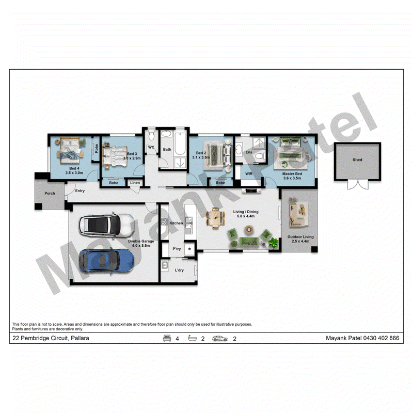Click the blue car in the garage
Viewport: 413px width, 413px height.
tap(107, 261)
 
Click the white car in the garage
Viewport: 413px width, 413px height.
tap(107, 226)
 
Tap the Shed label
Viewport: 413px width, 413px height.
tap(357, 160)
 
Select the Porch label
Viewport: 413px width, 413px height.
tap(50, 193)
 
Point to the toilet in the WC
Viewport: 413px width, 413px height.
tap(151, 136)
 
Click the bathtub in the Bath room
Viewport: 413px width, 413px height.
tap(180, 144)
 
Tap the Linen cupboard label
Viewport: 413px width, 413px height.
tap(135, 183)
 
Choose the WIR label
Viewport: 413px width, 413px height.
tap(249, 174)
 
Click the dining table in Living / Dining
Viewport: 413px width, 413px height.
tap(215, 218)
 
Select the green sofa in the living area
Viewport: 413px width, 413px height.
tap(249, 242)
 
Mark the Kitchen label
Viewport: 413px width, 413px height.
tap(176, 223)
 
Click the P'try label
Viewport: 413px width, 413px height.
tap(177, 249)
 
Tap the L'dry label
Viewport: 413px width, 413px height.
tap(179, 270)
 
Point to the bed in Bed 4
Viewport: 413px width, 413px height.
tap(70, 150)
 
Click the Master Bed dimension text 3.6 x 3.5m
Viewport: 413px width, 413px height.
tap(292, 178)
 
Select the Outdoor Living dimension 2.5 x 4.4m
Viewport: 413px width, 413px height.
tap(300, 241)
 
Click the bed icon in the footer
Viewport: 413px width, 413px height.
tap(167, 338)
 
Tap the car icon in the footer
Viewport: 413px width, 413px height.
tap(220, 339)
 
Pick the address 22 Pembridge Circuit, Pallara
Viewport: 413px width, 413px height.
tap(51, 338)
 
